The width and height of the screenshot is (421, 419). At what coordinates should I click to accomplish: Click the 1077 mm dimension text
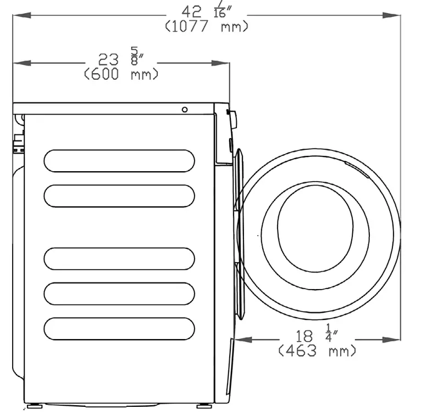click(207, 26)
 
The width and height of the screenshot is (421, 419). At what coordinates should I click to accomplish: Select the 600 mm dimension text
click(121, 74)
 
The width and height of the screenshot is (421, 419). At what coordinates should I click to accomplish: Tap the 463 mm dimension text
click(317, 351)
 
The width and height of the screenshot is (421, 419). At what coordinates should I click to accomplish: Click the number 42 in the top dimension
click(191, 12)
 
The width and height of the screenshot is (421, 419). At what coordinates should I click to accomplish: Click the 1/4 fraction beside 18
click(330, 333)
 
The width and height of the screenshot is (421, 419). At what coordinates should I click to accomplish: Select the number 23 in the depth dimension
click(108, 59)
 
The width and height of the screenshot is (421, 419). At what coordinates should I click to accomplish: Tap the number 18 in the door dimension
click(304, 336)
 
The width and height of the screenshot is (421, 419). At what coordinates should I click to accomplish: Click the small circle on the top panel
click(185, 110)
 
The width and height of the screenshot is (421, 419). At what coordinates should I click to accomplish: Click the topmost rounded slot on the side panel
click(119, 161)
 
